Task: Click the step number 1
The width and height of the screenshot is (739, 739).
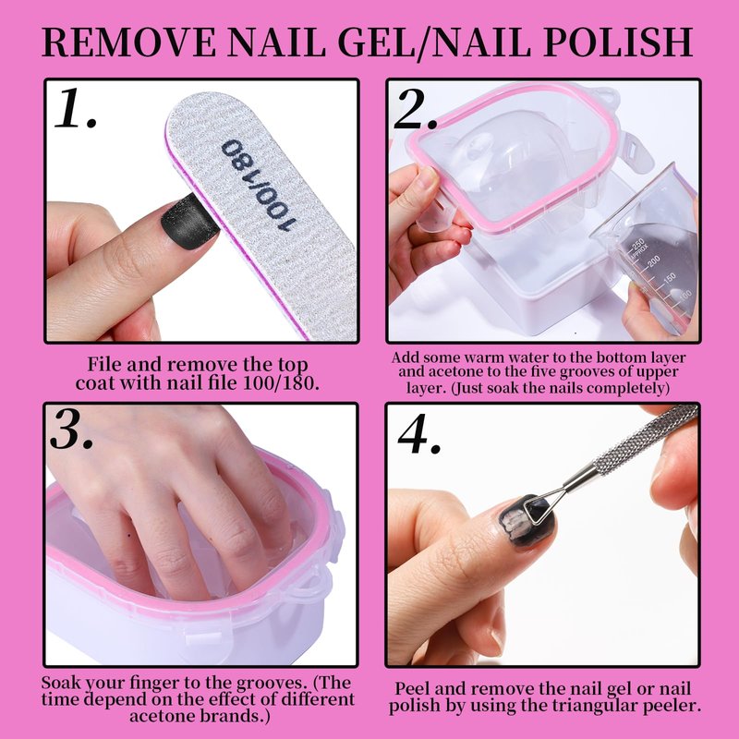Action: (x=76, y=108)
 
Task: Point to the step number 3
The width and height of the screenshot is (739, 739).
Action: (x=72, y=429)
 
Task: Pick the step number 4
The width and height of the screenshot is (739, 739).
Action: (x=419, y=433)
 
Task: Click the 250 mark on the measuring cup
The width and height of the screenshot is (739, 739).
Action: (x=637, y=245)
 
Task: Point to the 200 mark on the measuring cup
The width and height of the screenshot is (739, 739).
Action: (x=653, y=260)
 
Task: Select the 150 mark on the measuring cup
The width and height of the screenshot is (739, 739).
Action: (x=669, y=278)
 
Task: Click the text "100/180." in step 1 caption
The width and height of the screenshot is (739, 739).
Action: (x=282, y=382)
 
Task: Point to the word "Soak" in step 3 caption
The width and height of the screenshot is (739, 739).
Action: (x=61, y=683)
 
